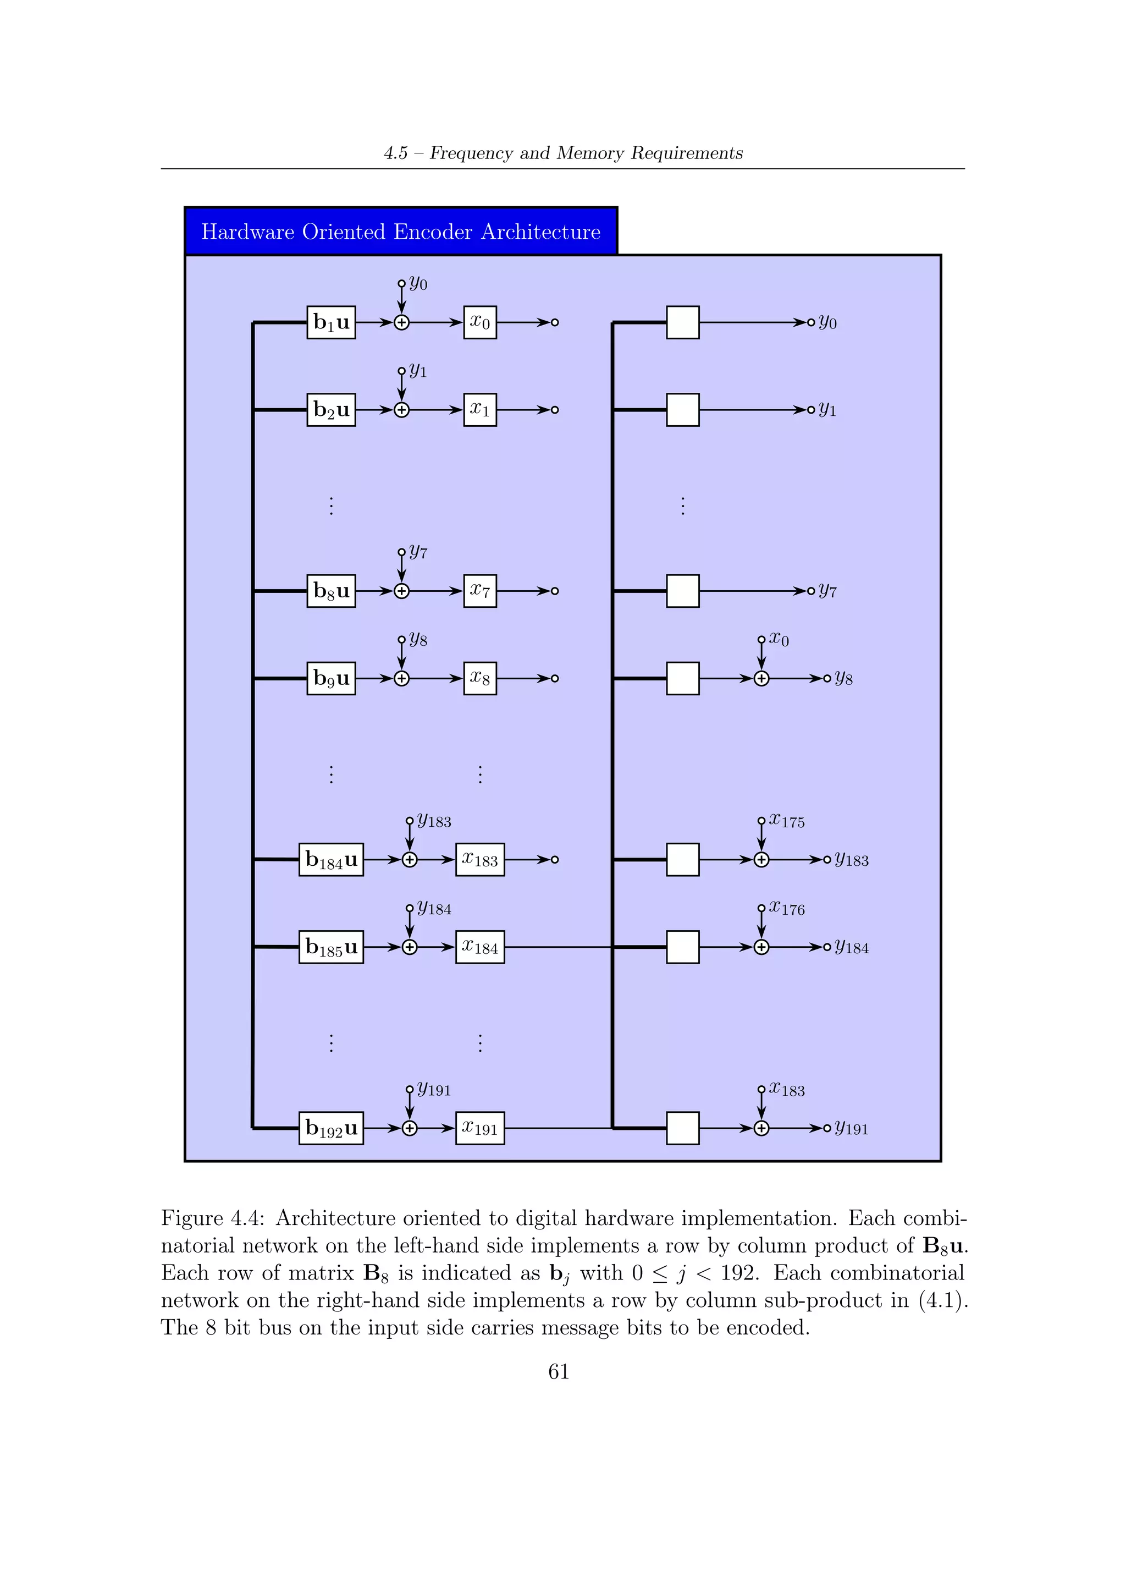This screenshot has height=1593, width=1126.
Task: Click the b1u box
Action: [331, 323]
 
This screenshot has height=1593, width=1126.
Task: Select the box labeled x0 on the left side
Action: [480, 323]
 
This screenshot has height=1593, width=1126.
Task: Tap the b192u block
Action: [331, 1128]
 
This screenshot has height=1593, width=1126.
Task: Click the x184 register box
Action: [480, 947]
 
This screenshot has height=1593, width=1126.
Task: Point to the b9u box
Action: [331, 679]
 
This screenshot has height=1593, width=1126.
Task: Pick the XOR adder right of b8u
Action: [401, 591]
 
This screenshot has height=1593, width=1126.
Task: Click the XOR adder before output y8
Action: [761, 679]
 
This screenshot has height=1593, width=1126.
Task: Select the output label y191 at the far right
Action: [852, 1128]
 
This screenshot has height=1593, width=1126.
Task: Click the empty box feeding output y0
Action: [682, 323]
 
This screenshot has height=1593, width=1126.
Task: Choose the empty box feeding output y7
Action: [682, 591]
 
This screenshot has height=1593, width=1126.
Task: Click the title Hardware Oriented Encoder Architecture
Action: [401, 232]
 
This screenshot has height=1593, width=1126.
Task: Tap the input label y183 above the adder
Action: [434, 821]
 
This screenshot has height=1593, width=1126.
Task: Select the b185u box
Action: [331, 947]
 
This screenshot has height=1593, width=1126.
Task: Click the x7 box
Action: [480, 591]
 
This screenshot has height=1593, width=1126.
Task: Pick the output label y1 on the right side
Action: [827, 410]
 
